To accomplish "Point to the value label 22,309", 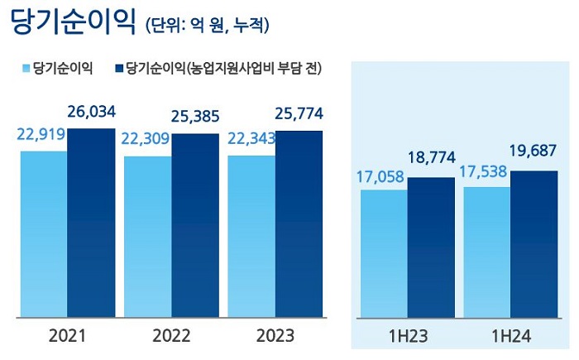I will (147, 139).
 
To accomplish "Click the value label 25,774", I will (298, 113).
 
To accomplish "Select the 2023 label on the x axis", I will (275, 337).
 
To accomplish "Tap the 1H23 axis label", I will (407, 337).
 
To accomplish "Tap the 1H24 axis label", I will (510, 337).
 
